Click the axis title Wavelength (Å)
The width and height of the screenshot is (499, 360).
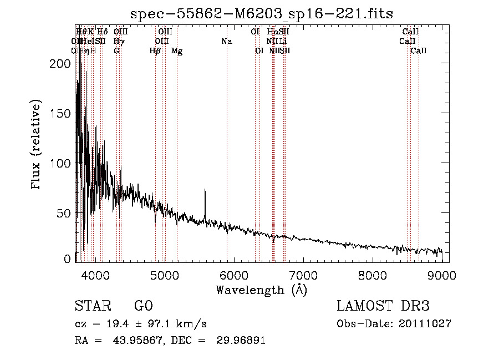[x=261, y=290]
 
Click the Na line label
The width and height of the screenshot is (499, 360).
[x=226, y=41]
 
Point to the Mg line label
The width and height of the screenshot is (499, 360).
[x=177, y=51]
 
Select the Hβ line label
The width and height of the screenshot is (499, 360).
[x=155, y=51]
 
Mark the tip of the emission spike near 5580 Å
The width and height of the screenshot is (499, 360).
[x=205, y=190]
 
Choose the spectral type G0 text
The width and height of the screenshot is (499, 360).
[x=143, y=306]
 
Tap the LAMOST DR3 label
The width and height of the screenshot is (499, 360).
[x=383, y=306]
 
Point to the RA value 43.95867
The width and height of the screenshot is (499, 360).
[x=139, y=341]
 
